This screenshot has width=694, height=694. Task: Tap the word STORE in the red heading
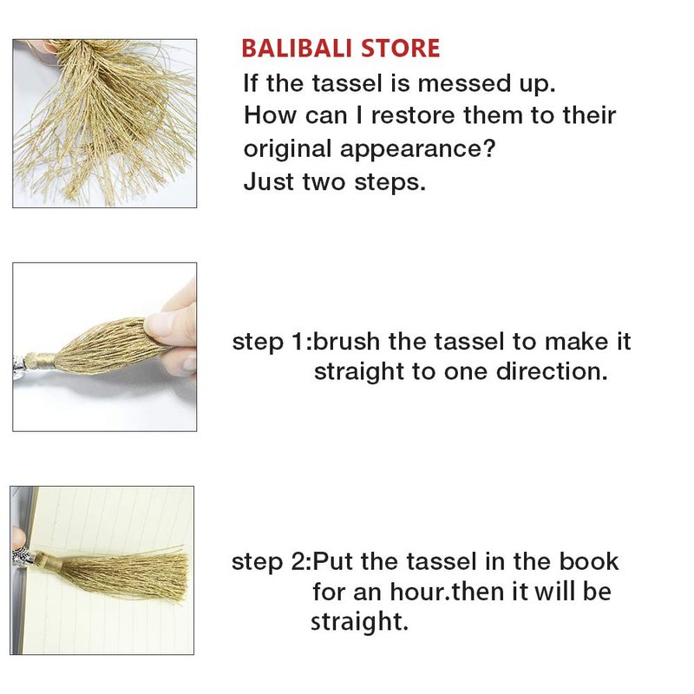pos(401,49)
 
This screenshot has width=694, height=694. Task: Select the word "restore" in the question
pos(413,116)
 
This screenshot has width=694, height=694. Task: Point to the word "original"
pos(287,149)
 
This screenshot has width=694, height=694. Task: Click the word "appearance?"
pos(417,149)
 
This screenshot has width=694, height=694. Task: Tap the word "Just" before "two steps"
pos(269,181)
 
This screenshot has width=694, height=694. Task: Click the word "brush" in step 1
pos(347,342)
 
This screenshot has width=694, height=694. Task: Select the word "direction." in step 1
pos(552,371)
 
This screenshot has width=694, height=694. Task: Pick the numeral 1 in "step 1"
pos(298,342)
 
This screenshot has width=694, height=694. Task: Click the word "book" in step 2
pos(588,561)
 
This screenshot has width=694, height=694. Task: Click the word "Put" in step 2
pos(333,561)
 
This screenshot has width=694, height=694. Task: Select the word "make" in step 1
pos(573,342)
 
